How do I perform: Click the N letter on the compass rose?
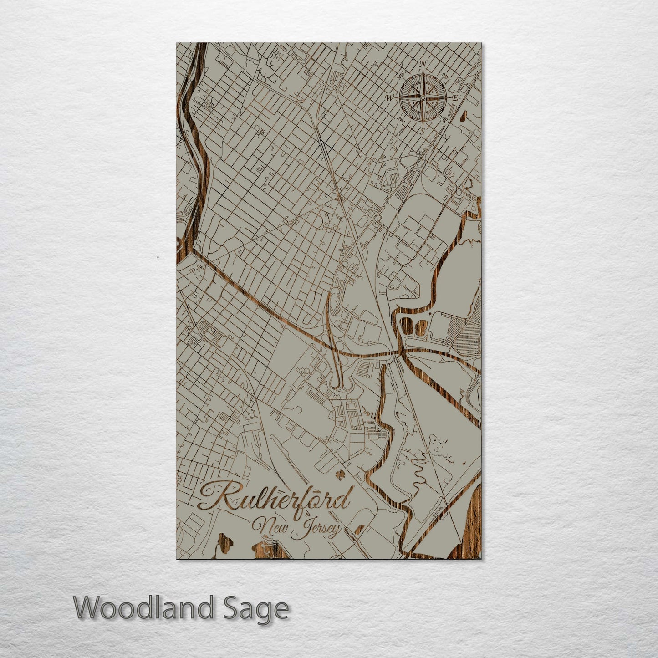(x=423, y=64)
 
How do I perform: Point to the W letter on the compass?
(x=390, y=97)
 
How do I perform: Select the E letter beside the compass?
(x=455, y=98)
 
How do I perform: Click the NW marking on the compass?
(x=400, y=76)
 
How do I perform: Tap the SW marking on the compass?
(x=401, y=120)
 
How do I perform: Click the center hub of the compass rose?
(x=423, y=97)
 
